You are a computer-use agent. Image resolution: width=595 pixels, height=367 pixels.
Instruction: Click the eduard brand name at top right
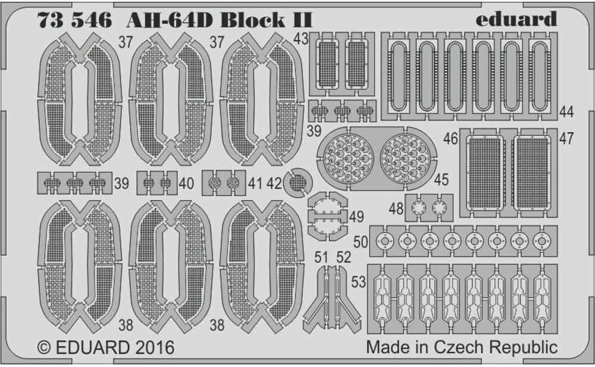click(x=516, y=18)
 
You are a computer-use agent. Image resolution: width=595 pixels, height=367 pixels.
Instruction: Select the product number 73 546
click(x=74, y=19)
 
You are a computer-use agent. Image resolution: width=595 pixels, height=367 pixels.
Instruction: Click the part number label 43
click(x=301, y=39)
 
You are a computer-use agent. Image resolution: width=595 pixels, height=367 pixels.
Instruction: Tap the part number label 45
click(x=441, y=179)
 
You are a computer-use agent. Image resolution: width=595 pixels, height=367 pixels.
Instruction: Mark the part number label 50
click(x=360, y=241)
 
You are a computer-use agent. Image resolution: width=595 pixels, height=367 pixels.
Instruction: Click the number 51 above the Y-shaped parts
click(x=321, y=257)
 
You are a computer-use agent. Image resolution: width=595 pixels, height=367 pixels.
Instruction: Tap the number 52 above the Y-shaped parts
click(x=345, y=257)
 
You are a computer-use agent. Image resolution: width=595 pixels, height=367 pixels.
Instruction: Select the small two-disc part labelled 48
click(x=429, y=208)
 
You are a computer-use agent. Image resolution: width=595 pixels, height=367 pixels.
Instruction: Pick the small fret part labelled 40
click(x=157, y=183)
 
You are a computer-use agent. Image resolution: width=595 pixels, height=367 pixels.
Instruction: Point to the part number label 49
click(x=356, y=217)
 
